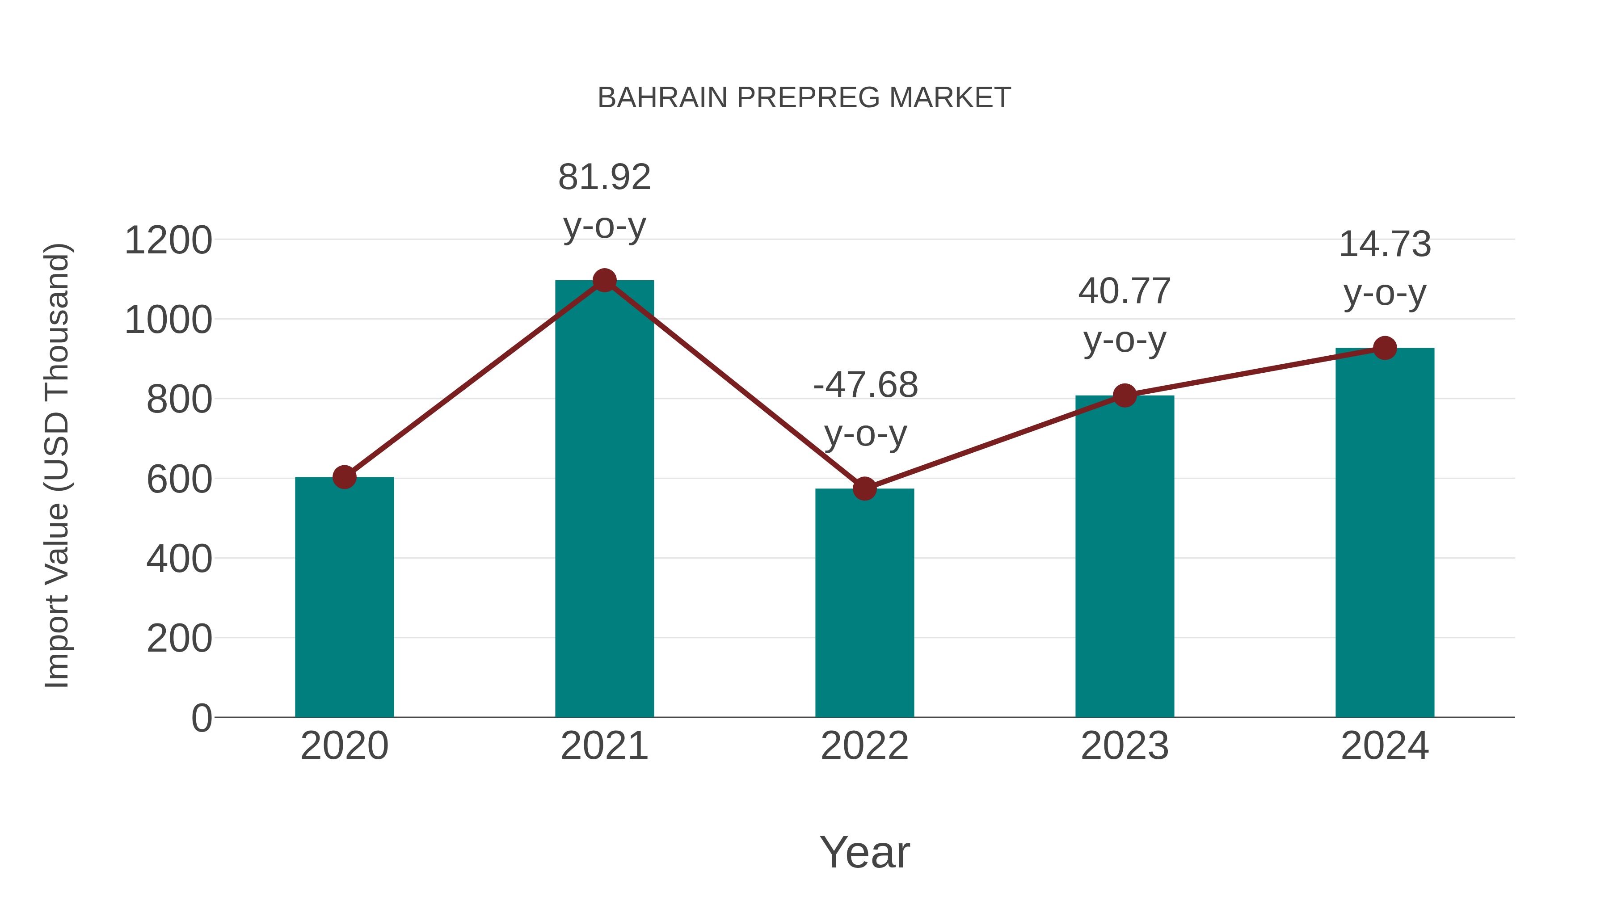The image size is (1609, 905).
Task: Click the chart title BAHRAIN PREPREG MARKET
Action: point(804,98)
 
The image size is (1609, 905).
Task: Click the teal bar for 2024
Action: point(1385,532)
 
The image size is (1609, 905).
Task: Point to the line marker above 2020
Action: point(344,477)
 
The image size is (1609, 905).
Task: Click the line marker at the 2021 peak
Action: point(604,280)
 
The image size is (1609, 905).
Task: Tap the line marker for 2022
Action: point(864,488)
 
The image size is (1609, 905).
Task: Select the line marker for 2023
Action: point(1125,396)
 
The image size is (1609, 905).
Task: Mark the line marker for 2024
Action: point(1385,348)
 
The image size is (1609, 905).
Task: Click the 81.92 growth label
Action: point(604,177)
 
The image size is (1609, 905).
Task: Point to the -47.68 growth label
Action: point(865,385)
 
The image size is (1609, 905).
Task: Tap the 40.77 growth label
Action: point(1125,292)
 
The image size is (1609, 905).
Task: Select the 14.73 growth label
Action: point(1385,244)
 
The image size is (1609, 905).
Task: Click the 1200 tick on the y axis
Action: point(168,240)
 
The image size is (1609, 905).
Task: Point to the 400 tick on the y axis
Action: point(179,559)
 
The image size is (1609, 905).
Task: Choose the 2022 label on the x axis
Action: point(864,746)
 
